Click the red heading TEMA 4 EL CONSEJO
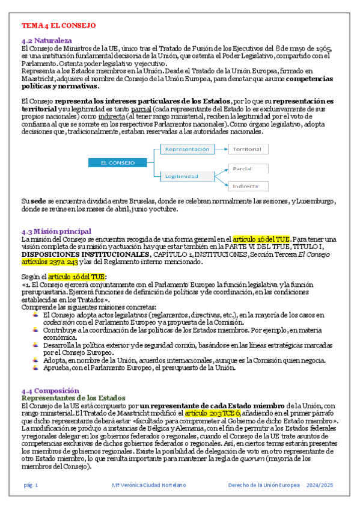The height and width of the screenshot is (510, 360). [58, 26]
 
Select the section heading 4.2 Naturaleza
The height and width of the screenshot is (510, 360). [46, 40]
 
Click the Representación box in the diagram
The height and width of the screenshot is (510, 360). [187, 149]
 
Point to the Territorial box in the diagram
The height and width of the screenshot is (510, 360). [248, 149]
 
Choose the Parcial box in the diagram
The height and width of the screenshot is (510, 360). [248, 170]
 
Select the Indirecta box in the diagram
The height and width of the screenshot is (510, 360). [248, 186]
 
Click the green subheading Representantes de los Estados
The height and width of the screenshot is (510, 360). [73, 398]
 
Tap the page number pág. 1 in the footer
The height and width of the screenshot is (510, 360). [31, 485]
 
